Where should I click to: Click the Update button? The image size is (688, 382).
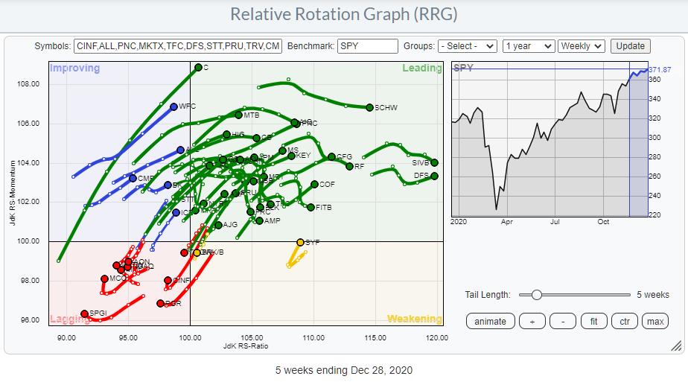(x=630, y=46)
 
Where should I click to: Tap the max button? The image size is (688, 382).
(x=654, y=322)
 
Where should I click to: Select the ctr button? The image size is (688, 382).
(x=624, y=322)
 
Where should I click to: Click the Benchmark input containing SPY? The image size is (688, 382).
(x=367, y=46)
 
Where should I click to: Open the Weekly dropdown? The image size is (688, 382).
(x=582, y=46)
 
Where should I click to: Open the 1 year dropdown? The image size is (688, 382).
(x=528, y=46)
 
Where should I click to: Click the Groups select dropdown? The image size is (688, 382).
(x=467, y=46)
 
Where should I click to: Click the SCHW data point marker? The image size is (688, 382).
(x=369, y=107)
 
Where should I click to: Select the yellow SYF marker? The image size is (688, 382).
(x=301, y=242)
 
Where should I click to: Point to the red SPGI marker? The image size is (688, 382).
(x=84, y=314)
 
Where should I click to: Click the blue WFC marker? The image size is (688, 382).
(x=173, y=106)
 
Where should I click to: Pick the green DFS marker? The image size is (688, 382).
(x=434, y=176)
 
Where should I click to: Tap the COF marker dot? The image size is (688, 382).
(x=314, y=184)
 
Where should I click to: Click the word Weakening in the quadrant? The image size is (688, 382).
(x=414, y=319)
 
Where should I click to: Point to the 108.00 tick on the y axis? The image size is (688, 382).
(x=28, y=84)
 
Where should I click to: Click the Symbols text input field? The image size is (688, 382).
(x=178, y=46)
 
